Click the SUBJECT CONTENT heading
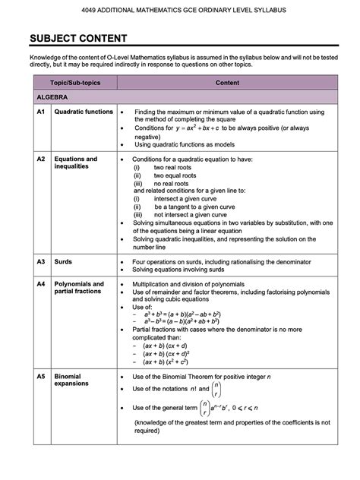pos(73,39)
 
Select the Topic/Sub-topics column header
pos(72,82)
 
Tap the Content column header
pos(227,82)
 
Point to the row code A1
pos(42,112)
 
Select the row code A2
pos(42,159)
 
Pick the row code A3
pos(42,261)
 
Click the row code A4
pos(42,283)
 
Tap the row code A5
pos(42,377)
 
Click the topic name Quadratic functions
pos(83,112)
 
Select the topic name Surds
pos(63,261)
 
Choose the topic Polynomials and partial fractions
pos(79,287)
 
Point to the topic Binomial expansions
pos(72,381)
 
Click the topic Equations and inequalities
pos(75,163)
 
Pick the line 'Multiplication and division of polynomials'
pos(198,283)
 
